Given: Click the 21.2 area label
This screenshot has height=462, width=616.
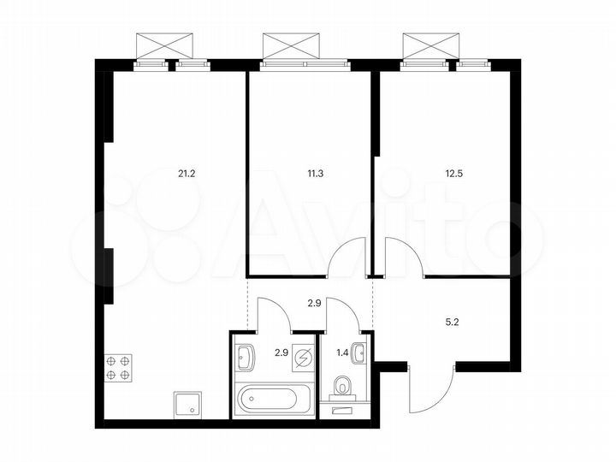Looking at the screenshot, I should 186,173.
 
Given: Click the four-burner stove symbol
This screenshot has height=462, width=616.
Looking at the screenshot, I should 118,367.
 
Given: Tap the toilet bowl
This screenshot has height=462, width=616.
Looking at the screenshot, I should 345,388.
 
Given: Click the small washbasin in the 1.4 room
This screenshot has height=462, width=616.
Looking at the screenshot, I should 361,352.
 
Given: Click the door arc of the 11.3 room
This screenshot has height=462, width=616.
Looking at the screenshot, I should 347,258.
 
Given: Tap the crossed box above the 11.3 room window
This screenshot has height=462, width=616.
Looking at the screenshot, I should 291,44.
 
